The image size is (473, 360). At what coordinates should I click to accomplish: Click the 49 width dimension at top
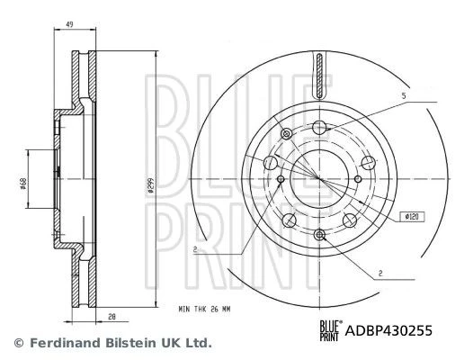tap(69, 24)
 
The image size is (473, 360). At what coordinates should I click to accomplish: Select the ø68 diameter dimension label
tap(23, 184)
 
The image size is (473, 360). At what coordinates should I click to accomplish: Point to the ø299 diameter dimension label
tap(150, 184)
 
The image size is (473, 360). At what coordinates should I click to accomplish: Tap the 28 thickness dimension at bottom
tap(112, 317)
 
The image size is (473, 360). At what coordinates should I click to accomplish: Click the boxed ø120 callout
tap(412, 217)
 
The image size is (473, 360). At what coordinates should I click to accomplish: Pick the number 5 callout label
tap(404, 96)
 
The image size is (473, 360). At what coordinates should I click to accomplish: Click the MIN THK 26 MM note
tap(204, 310)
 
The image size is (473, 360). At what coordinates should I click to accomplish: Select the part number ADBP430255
tap(388, 330)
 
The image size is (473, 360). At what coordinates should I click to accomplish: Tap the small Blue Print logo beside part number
tap(331, 331)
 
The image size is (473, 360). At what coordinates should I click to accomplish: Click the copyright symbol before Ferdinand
tap(19, 343)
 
